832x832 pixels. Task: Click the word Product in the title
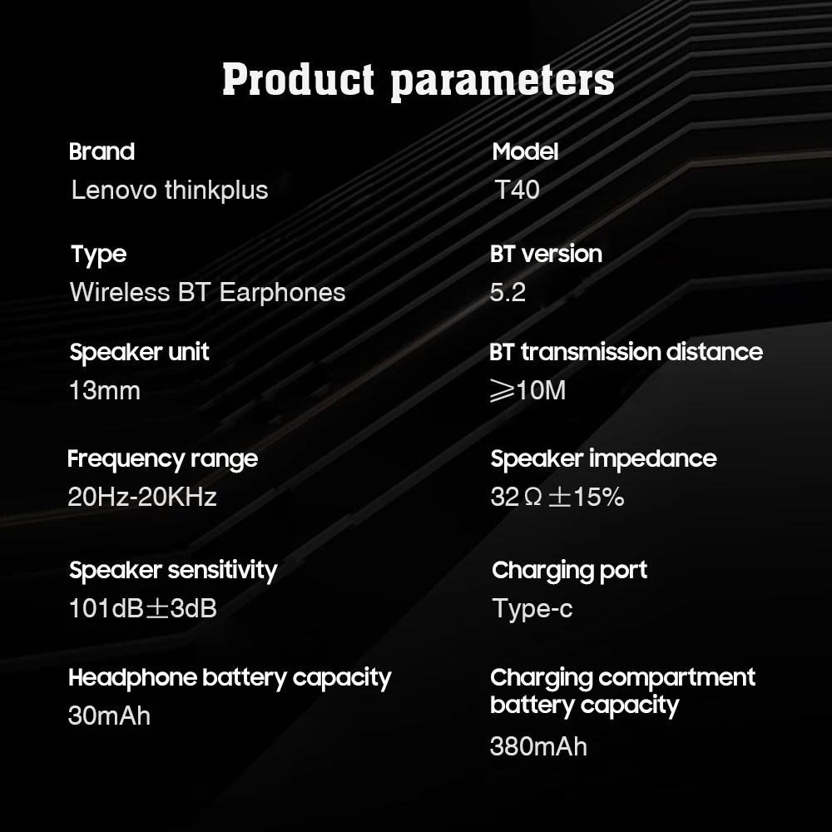click(298, 80)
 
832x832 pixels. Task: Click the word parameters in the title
click(503, 82)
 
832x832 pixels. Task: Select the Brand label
click(102, 151)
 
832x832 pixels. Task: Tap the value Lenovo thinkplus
click(170, 190)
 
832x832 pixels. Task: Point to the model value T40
click(517, 190)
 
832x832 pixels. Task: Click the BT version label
click(546, 254)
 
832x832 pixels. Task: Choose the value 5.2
click(508, 292)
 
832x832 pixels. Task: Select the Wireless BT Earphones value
click(207, 292)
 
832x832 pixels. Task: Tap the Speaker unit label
click(140, 352)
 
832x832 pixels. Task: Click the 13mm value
click(105, 390)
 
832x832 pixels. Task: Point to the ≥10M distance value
click(528, 390)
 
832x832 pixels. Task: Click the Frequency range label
click(162, 459)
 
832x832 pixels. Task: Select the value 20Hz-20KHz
click(142, 497)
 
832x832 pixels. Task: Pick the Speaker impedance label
click(603, 459)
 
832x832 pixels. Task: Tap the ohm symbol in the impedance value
click(532, 498)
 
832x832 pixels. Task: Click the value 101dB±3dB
click(143, 608)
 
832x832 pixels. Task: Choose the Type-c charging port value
click(532, 609)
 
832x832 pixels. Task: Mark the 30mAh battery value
click(109, 716)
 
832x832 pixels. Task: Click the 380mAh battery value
click(538, 746)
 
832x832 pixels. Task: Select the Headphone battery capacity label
click(230, 678)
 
